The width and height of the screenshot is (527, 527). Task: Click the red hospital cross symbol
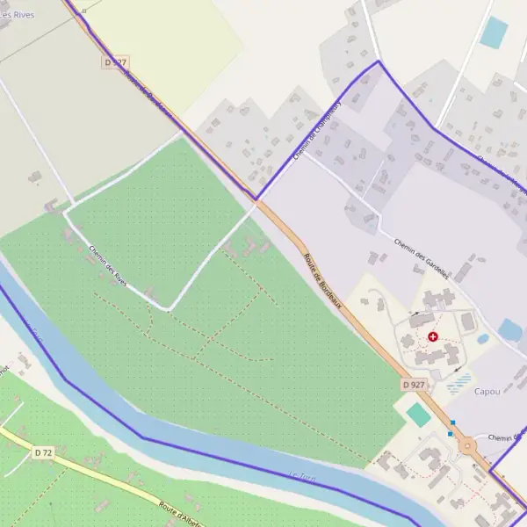432,336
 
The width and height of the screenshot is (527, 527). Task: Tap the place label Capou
487,392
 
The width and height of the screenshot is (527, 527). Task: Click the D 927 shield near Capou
414,385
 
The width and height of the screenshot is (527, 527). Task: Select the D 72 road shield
43,452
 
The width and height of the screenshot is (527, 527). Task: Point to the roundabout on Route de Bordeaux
468,445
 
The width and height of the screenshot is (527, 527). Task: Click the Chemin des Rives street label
107,264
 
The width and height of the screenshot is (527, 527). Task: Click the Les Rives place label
18,15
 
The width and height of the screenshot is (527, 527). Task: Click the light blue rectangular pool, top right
494,32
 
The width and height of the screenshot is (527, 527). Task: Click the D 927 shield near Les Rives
115,62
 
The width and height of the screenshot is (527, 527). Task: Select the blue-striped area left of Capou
458,383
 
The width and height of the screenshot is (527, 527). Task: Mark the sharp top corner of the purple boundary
379,61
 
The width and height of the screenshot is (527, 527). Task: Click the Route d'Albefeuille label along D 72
180,513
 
